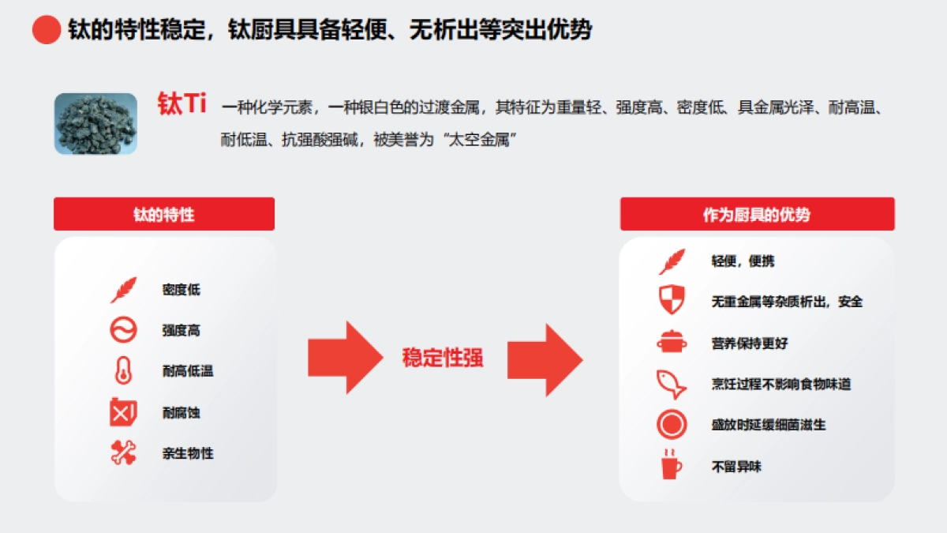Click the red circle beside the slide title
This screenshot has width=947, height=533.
47,30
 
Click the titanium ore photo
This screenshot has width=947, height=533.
95,123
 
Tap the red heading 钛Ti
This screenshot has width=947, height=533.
182,104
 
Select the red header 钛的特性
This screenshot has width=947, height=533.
164,214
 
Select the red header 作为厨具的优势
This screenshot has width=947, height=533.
757,214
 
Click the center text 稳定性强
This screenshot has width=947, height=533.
443,358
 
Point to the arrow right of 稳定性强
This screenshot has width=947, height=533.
545,358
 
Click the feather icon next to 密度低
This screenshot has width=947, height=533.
123,290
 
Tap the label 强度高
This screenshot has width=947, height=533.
182,330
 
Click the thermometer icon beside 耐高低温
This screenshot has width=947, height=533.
123,371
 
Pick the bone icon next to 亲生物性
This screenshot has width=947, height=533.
123,452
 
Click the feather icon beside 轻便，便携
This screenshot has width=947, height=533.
672,261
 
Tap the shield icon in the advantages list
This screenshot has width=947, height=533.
672,300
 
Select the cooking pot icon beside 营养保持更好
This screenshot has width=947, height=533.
672,343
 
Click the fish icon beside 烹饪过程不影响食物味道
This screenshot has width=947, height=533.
672,384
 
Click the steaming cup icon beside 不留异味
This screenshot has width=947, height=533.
672,464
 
